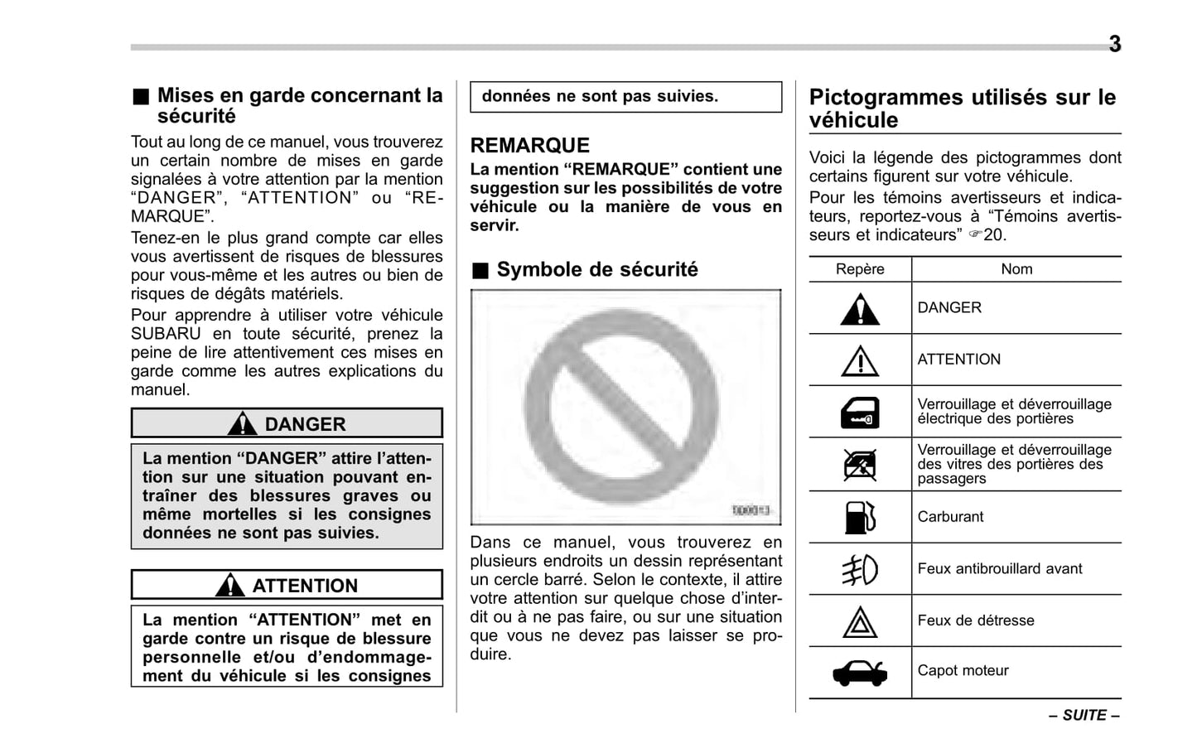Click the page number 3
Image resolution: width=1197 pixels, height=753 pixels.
click(1114, 44)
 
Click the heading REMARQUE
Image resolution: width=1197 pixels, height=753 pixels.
click(530, 146)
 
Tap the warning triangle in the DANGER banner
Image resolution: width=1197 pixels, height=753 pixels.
click(242, 424)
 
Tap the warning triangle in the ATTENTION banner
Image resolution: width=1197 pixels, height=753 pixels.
click(229, 586)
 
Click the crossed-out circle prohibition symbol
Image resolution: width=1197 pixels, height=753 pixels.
click(622, 407)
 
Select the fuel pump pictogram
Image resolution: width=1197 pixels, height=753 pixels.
click(860, 517)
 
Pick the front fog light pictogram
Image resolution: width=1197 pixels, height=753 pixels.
click(860, 569)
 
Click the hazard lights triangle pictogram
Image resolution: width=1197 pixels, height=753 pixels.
click(860, 622)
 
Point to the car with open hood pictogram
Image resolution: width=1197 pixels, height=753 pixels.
click(860, 673)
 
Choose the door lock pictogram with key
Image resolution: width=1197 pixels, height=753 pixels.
click(860, 413)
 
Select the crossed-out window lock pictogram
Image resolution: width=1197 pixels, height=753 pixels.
click(860, 465)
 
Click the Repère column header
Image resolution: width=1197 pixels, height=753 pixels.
click(860, 269)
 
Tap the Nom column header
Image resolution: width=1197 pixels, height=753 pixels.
click(1016, 269)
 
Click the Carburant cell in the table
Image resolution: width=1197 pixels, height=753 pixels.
click(950, 517)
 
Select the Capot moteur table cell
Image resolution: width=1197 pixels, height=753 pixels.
click(963, 671)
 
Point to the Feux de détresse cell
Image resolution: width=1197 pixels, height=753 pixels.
click(976, 620)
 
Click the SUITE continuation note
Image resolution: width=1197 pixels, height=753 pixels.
click(1084, 715)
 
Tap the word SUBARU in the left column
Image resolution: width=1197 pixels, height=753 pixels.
click(166, 334)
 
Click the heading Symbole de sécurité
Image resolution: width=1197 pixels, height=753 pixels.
click(596, 270)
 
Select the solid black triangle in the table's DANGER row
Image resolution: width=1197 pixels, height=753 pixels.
click(860, 310)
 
